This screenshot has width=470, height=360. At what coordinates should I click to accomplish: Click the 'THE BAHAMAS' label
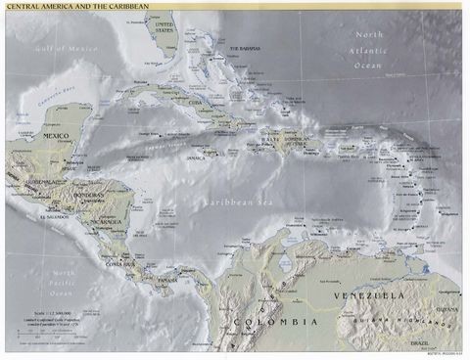(x=247, y=48)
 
